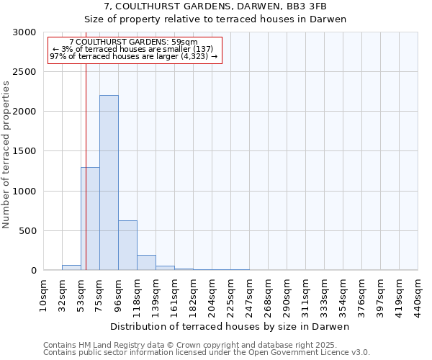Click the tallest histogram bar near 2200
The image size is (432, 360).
pos(109,183)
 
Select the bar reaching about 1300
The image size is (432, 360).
pos(90,219)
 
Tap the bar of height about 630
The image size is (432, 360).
pos(127,246)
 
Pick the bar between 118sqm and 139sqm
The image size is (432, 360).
pos(146,263)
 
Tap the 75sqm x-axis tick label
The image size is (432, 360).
pos(99,294)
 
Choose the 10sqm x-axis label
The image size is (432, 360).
pos(43,294)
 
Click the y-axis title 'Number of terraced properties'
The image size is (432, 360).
pos(6,154)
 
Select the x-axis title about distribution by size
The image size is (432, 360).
pos(230,327)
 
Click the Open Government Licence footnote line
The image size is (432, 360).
pos(206,353)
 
